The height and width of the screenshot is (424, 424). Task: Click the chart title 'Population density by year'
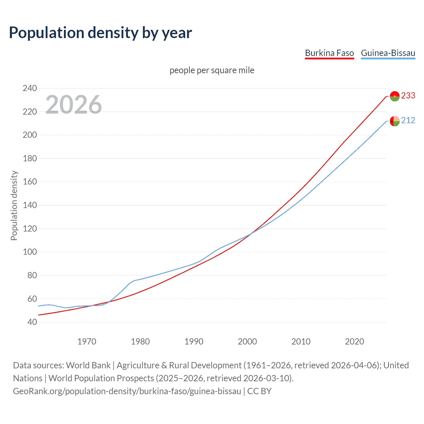[100, 33]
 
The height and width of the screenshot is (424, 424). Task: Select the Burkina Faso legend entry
[329, 53]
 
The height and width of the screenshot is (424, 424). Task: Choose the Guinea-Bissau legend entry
[388, 53]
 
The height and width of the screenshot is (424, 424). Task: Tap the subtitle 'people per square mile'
[212, 71]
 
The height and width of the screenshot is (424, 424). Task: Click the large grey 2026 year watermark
[74, 105]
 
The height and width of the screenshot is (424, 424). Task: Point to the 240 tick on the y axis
[30, 88]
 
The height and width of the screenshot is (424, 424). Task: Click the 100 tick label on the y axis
[30, 252]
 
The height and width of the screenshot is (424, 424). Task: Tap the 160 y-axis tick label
[30, 182]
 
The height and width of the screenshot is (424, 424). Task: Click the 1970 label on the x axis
[87, 342]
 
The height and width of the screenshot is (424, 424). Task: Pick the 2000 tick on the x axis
[247, 342]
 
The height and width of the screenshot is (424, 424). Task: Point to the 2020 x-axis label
[354, 342]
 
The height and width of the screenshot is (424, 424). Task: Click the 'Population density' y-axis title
[14, 205]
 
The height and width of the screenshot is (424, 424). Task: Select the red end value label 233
[408, 96]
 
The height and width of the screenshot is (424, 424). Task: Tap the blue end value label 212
[408, 121]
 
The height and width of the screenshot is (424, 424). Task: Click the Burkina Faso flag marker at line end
[395, 96]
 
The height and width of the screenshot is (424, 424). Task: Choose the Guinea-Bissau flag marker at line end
[395, 121]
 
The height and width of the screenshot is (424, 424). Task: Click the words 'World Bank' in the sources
[88, 365]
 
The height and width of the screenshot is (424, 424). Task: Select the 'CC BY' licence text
[259, 391]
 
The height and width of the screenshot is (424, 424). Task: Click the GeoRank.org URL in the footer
[127, 391]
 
